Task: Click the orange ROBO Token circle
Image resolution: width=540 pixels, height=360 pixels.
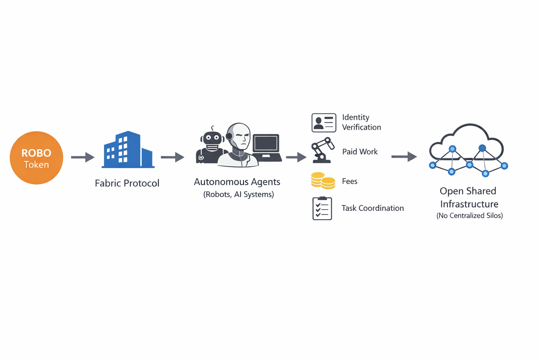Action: click(36, 158)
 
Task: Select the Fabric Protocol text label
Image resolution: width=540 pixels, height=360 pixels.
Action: click(127, 183)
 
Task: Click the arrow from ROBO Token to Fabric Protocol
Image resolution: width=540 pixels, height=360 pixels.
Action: click(83, 157)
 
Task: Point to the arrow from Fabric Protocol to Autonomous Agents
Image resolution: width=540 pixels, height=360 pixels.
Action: click(172, 157)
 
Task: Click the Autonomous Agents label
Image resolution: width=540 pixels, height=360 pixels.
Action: click(237, 182)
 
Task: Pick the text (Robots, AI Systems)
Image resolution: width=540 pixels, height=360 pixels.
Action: click(238, 194)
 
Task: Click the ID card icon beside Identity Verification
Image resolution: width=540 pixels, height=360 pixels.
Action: click(324, 123)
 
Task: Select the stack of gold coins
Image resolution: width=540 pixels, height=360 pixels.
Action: click(323, 181)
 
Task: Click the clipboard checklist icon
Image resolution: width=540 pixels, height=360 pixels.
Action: click(322, 208)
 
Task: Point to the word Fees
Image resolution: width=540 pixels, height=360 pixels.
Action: click(349, 181)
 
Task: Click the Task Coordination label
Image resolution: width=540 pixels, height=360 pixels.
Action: click(373, 208)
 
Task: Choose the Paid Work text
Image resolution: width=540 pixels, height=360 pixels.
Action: click(360, 152)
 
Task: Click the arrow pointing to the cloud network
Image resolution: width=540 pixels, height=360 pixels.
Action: click(404, 156)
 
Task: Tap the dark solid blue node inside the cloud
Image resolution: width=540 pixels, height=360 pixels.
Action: click(482, 148)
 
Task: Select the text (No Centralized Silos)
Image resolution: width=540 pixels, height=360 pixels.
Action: click(469, 216)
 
